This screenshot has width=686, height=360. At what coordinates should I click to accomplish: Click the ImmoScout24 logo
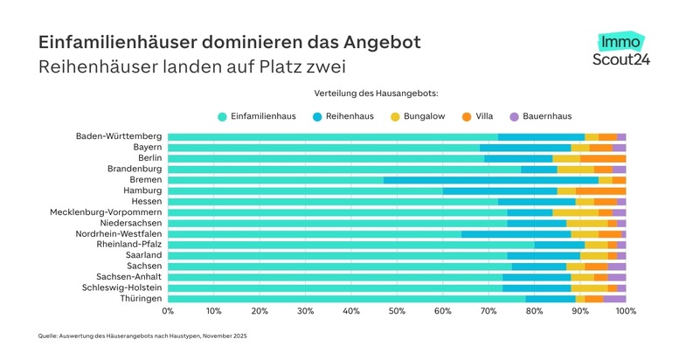click(x=621, y=51)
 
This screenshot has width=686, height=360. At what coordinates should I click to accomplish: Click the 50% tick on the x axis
click(x=397, y=310)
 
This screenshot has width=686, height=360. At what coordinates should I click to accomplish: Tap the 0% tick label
click(x=168, y=310)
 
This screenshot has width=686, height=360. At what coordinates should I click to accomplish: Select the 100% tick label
click(x=624, y=310)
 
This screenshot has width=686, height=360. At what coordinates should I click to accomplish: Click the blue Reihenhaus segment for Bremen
click(x=490, y=180)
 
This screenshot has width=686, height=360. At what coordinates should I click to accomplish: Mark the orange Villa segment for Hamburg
click(x=600, y=190)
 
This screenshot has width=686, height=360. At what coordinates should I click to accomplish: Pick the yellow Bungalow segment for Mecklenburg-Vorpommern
click(x=575, y=212)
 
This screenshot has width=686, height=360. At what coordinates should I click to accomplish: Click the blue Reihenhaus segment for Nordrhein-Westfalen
click(x=516, y=234)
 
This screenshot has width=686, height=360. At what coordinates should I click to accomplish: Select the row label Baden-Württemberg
click(x=119, y=137)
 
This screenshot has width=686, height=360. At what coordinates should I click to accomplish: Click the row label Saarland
click(x=142, y=255)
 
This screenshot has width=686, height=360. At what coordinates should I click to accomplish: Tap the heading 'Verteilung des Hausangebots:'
click(x=376, y=93)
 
